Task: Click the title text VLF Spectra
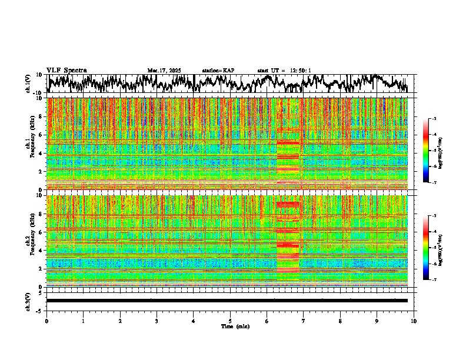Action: (66, 70)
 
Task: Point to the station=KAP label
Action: (218, 71)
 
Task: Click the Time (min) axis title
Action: (235, 326)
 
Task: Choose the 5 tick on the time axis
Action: (230, 321)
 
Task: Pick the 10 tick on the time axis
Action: (414, 321)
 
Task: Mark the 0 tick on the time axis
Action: (46, 321)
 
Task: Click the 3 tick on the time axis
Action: (157, 321)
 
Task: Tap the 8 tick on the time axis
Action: (340, 321)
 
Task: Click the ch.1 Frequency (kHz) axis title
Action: (32, 144)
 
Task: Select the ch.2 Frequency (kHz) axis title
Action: (32, 241)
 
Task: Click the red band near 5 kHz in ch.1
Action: (288, 142)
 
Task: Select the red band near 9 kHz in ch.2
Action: (288, 204)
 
